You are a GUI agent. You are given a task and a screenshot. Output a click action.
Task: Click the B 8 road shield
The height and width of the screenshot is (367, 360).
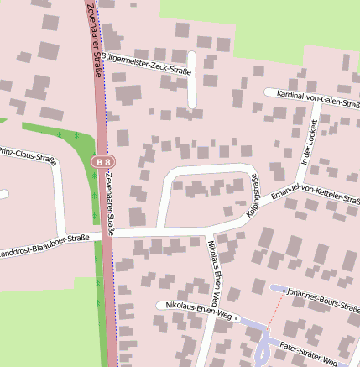click(103, 160)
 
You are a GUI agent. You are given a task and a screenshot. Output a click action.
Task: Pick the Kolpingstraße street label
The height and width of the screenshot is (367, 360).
click(253, 198)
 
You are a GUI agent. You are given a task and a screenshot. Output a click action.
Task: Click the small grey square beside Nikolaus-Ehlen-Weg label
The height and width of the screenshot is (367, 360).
click(237, 318)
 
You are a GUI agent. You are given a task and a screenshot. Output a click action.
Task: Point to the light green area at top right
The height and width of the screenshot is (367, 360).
click(277, 25)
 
